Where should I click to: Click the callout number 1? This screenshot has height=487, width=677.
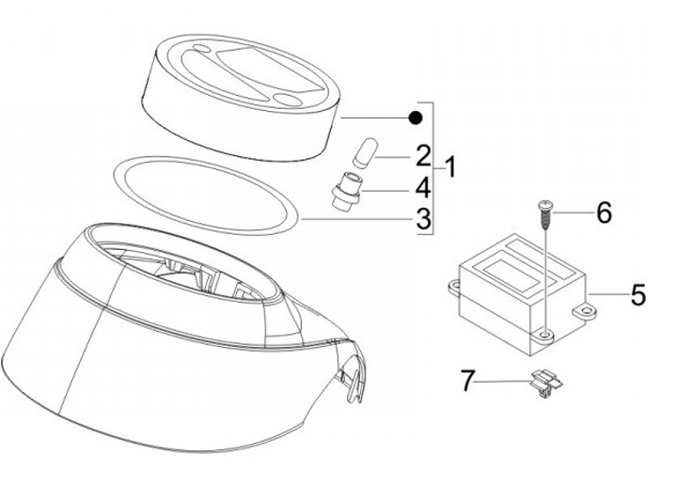point(450,167)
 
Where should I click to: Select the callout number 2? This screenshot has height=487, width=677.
point(423,156)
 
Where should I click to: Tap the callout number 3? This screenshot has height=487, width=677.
point(423,218)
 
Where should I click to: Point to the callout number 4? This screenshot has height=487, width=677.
point(423,188)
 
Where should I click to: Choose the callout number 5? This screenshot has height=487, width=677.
point(638,294)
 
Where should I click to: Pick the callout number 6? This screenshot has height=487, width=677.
point(604,212)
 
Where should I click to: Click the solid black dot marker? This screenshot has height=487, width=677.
point(416,118)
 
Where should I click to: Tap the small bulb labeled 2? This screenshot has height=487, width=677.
point(365,152)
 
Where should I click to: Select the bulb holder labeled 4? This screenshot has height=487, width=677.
point(346,191)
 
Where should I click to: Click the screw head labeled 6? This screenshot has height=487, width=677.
point(545,204)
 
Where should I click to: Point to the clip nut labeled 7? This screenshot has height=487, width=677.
point(546,382)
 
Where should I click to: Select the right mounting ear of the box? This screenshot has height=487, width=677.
point(584,311)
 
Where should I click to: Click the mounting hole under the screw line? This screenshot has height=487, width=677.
point(546,334)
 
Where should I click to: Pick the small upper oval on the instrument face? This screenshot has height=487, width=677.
point(200,48)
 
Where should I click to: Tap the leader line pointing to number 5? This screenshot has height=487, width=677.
point(608,294)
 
